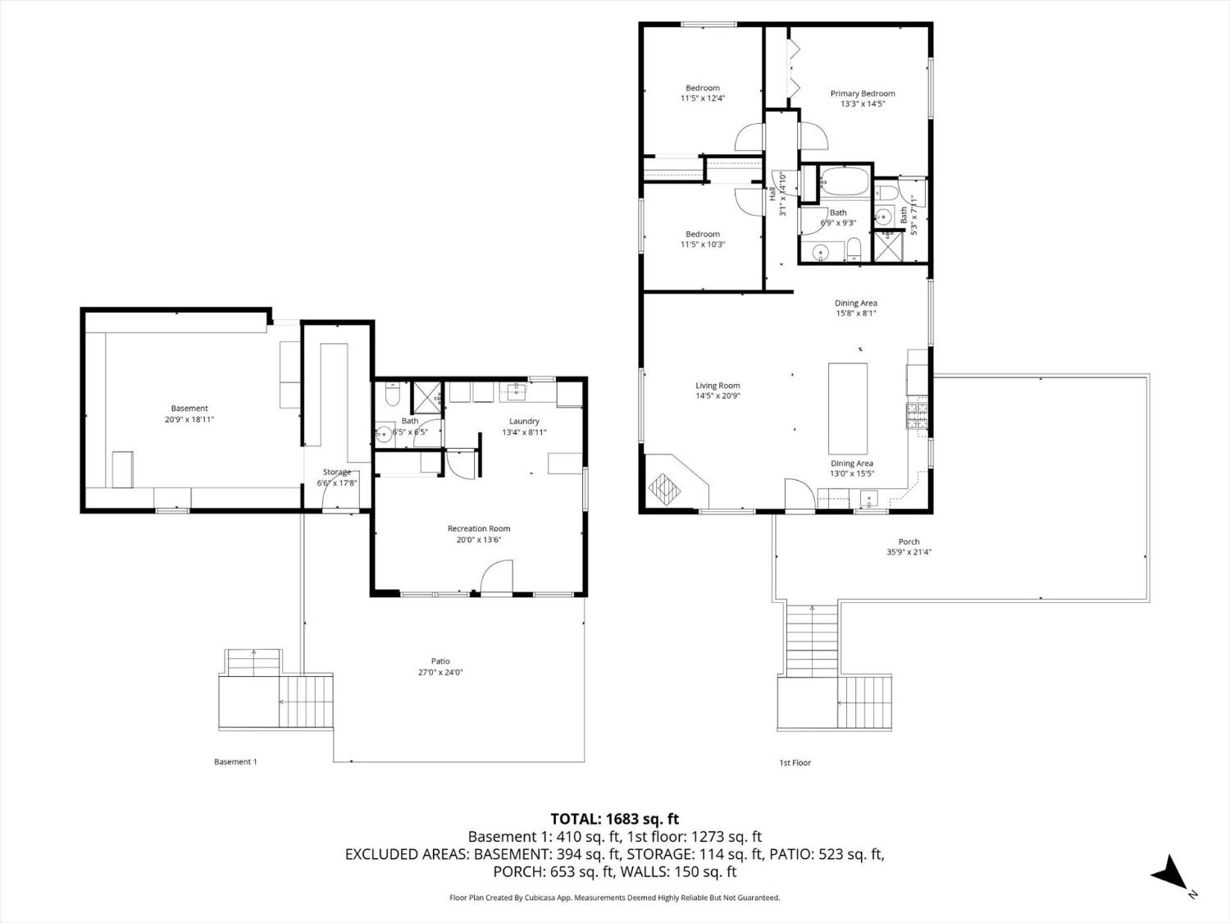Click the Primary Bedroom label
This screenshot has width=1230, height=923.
(x=862, y=94)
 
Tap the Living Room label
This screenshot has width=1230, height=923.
(x=717, y=386)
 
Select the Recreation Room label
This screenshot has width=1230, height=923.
(x=478, y=528)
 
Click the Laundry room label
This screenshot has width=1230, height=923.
(x=524, y=421)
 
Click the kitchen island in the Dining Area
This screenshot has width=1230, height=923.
(x=847, y=403)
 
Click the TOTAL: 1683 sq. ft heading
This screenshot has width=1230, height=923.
(x=614, y=818)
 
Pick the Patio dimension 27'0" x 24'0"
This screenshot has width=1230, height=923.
(x=440, y=672)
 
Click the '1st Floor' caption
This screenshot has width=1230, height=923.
(x=795, y=762)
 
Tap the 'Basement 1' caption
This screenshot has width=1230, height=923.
(x=235, y=761)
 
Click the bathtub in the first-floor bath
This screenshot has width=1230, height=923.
(x=844, y=181)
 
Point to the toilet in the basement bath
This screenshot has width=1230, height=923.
(x=390, y=397)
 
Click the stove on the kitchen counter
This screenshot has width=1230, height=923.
(x=918, y=417)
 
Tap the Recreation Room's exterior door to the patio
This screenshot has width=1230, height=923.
(x=496, y=577)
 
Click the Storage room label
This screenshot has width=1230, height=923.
(x=336, y=472)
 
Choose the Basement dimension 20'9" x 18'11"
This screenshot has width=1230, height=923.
(x=189, y=419)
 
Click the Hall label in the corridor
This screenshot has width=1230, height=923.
(x=772, y=195)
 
